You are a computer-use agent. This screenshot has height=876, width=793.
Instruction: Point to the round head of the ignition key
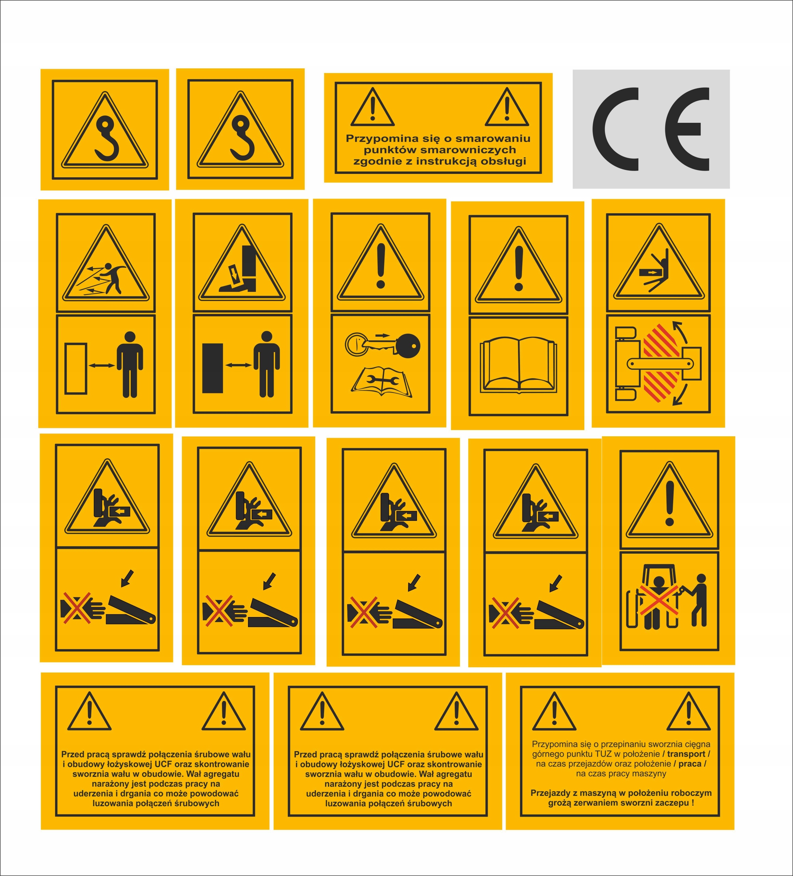(408, 346)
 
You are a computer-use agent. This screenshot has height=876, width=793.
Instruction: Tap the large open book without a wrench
(518, 365)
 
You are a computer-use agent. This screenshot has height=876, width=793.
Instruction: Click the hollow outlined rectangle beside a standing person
(76, 369)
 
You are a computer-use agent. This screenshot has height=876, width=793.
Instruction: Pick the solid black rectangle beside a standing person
(212, 369)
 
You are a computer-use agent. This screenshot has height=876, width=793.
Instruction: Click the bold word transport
(686, 754)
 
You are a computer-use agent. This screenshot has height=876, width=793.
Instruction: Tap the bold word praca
(690, 763)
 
